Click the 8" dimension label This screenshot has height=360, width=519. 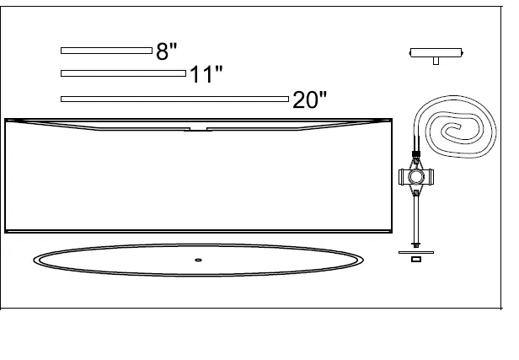(x=167, y=51)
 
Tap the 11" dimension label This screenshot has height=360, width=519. (x=206, y=74)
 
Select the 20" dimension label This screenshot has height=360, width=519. (x=309, y=99)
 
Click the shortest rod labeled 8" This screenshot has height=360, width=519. (x=106, y=51)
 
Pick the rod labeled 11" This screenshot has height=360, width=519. (x=124, y=73)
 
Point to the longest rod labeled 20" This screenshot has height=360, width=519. (x=174, y=99)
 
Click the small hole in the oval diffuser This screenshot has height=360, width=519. (x=198, y=260)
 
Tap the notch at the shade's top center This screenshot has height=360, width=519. (x=198, y=129)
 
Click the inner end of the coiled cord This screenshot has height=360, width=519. (x=458, y=126)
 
